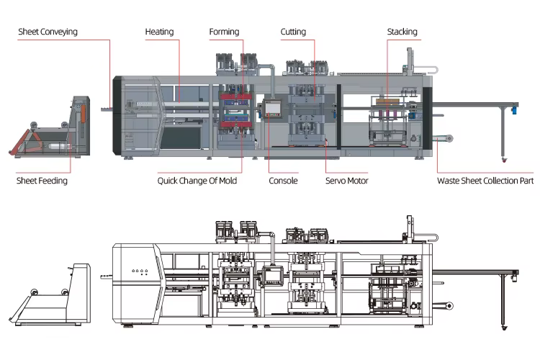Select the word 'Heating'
click(x=159, y=32)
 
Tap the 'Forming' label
click(x=224, y=32)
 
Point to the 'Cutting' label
click(x=293, y=32)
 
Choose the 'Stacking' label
click(x=402, y=32)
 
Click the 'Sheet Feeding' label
click(x=42, y=181)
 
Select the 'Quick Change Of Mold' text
click(x=197, y=181)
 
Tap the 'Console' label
click(x=283, y=181)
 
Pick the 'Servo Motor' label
click(x=346, y=181)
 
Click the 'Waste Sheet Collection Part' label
click(x=485, y=181)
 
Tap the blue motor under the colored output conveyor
click(x=514, y=110)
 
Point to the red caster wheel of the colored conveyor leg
click(x=503, y=158)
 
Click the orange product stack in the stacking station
click(x=389, y=102)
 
